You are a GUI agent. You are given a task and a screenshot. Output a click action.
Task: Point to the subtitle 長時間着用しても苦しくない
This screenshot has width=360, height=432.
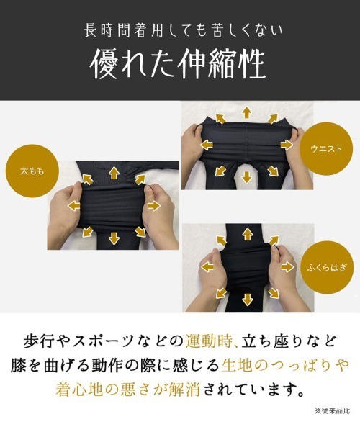[x=180, y=31]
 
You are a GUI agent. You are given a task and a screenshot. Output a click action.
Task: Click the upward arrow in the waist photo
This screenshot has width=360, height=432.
[x=246, y=111]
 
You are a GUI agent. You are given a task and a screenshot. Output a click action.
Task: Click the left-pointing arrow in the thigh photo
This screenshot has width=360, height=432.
[x=73, y=205]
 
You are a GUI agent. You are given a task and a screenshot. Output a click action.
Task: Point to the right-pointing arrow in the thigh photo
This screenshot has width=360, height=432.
[x=153, y=206]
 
